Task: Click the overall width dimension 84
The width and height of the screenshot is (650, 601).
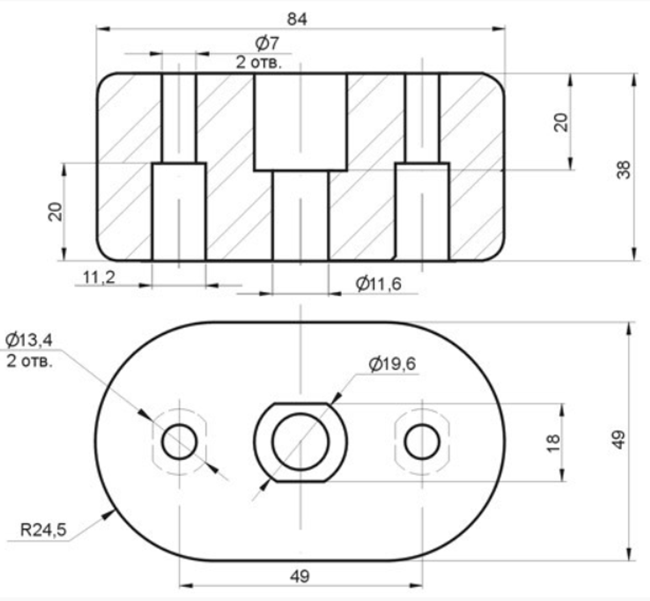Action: (x=297, y=19)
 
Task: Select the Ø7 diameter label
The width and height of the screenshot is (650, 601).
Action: (x=267, y=43)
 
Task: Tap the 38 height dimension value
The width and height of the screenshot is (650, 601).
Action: (x=623, y=170)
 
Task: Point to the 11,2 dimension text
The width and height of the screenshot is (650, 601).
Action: (x=99, y=277)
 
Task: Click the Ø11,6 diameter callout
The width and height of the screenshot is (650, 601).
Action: (x=378, y=284)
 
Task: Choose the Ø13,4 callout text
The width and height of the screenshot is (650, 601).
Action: (x=29, y=340)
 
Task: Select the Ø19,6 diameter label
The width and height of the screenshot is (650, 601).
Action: (x=392, y=364)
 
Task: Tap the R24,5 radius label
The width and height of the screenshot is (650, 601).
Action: (x=43, y=530)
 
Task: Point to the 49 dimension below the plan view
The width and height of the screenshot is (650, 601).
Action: (x=300, y=576)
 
